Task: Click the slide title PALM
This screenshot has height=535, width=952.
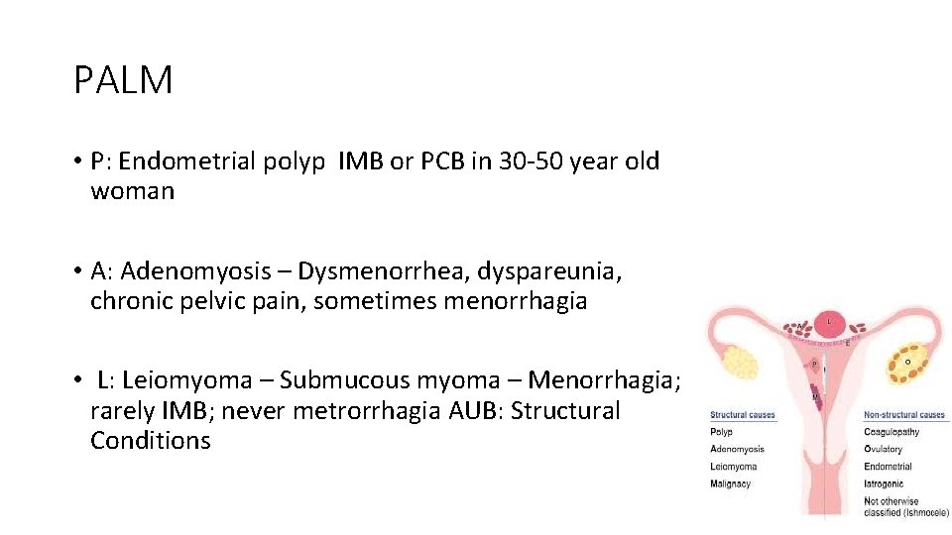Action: pos(123,80)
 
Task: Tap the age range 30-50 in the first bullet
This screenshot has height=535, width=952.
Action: pos(535,161)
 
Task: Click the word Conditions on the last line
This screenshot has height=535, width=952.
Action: pos(151,441)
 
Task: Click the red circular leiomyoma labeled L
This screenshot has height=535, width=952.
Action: pos(830,322)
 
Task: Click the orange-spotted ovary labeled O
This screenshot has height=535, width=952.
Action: pos(907,363)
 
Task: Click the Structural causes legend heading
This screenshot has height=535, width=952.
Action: pos(742,415)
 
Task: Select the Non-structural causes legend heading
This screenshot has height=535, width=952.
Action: pos(904,415)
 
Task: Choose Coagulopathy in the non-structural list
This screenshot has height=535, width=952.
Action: pos(892,432)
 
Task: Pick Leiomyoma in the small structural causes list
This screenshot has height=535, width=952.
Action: pos(734,467)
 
